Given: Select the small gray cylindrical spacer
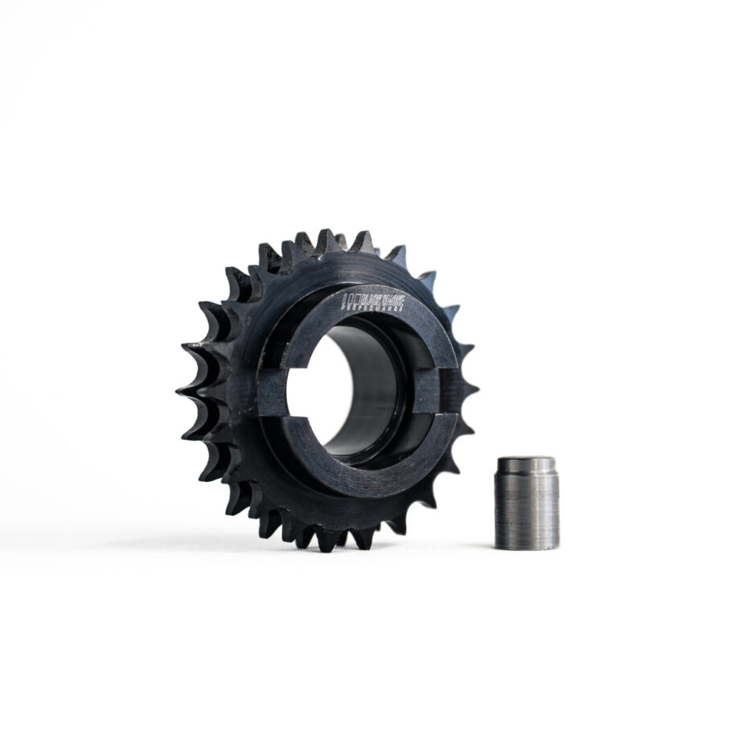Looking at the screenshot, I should [525, 503].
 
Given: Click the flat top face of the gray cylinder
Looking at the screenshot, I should [525, 461].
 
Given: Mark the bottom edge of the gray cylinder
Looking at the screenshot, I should [526, 547].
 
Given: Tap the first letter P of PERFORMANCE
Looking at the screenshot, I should [344, 307].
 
